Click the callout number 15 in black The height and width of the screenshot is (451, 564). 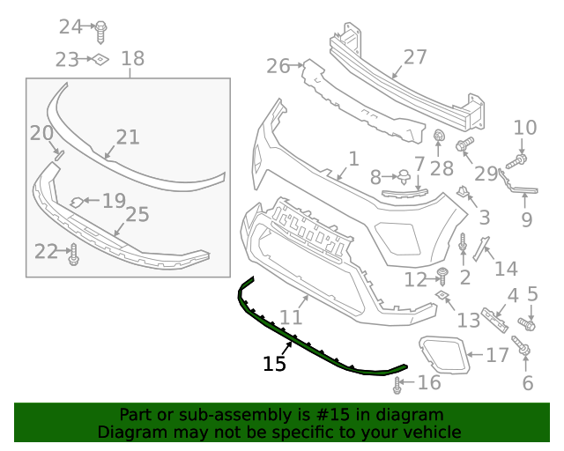pos(274,363)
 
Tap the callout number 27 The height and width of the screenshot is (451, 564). pos(415,58)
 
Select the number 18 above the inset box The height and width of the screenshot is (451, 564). pos(132,59)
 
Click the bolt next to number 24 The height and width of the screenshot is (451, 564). pos(101,28)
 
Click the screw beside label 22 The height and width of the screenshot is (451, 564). pos(73,255)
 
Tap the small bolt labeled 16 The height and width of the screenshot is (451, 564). pos(398,383)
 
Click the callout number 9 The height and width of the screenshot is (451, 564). pos(526,219)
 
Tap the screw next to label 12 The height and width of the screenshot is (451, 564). pos(443,277)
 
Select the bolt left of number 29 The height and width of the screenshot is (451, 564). pos(465,143)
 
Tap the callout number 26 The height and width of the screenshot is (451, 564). pos(278,66)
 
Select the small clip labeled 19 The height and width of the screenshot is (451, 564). pos(78,202)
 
